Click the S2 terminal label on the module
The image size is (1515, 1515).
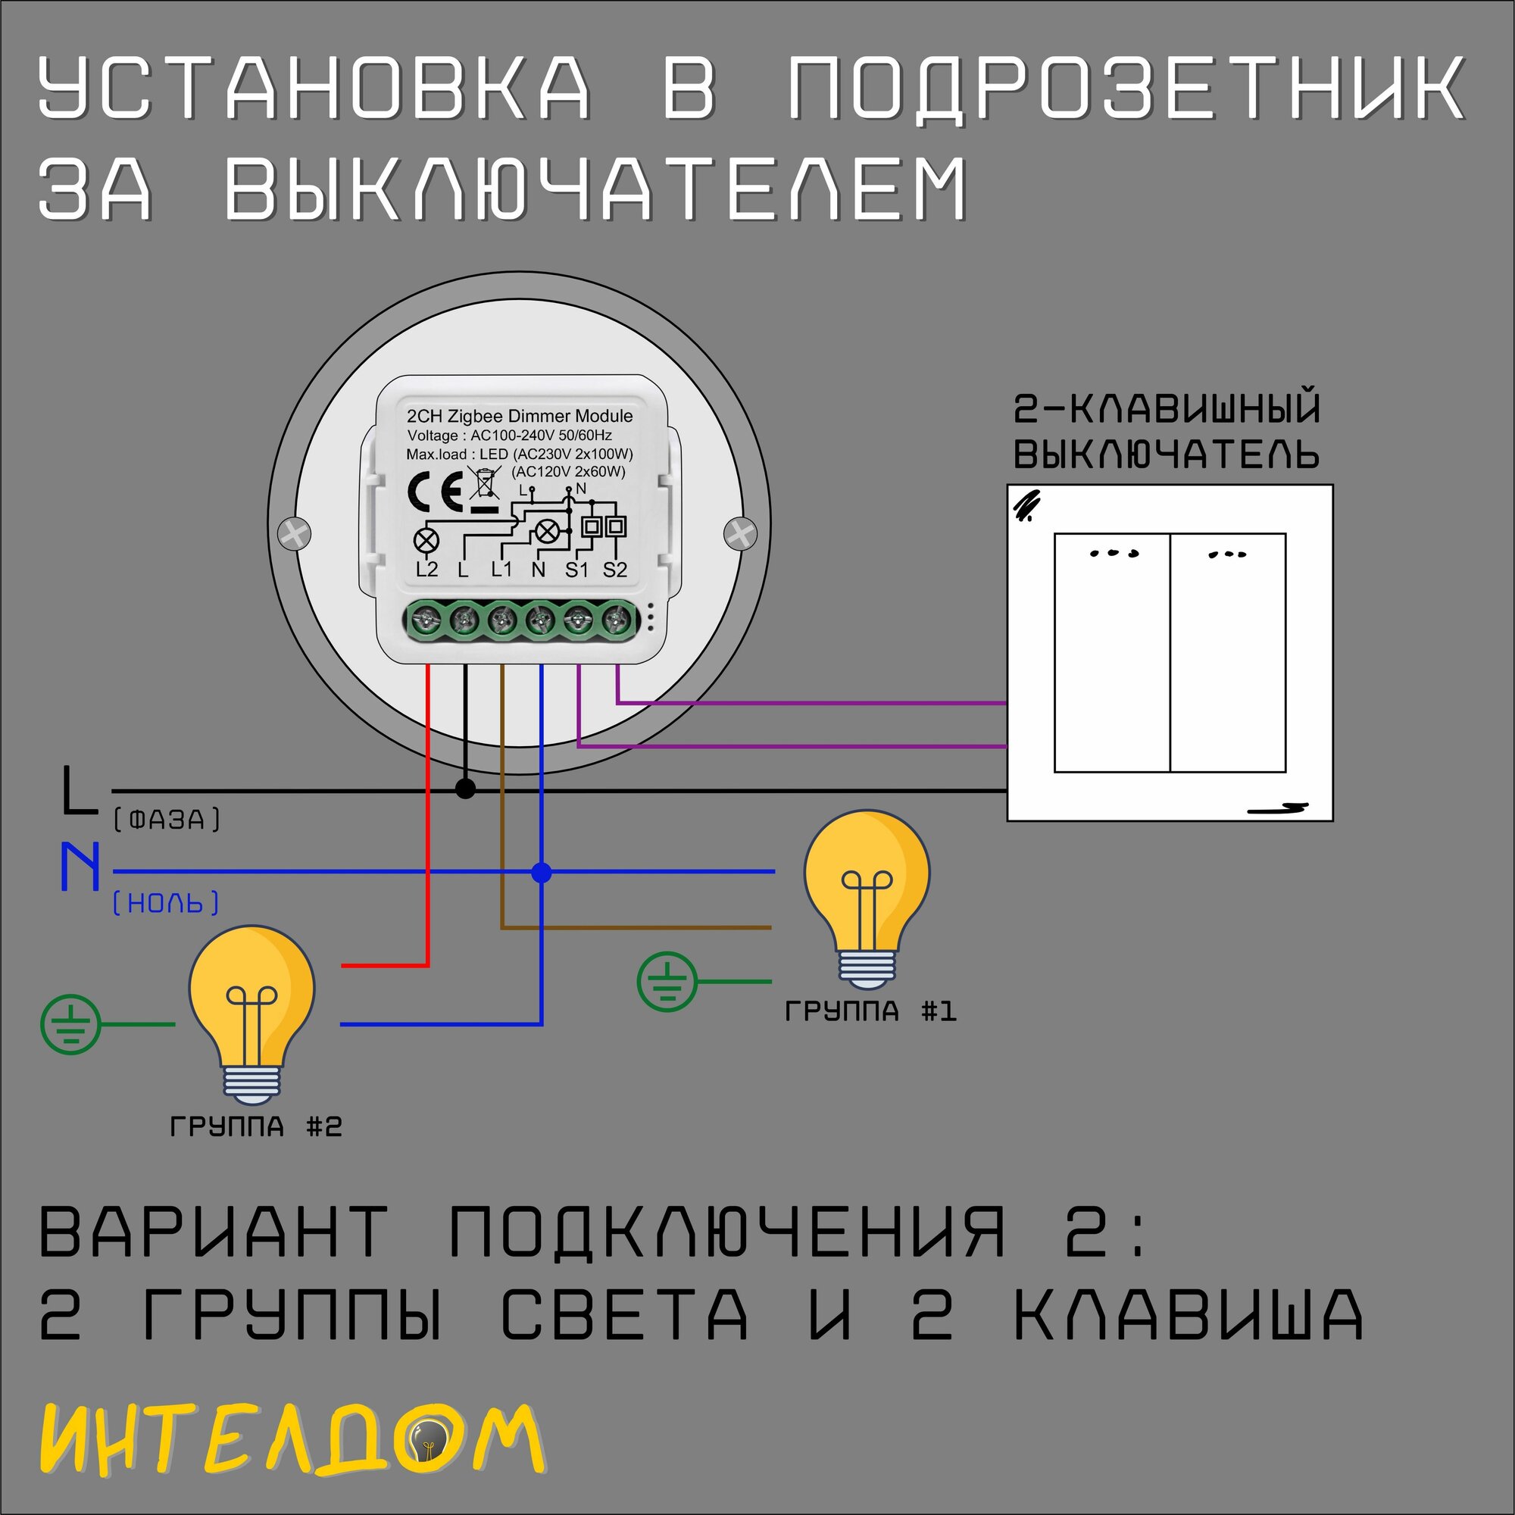pos(615,570)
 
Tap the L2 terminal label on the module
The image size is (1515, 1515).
pos(426,570)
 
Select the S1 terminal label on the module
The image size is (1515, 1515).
pos(576,570)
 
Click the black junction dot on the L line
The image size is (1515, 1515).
pos(465,789)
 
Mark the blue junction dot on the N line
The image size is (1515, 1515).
pos(541,872)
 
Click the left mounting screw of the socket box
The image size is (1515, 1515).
pos(294,534)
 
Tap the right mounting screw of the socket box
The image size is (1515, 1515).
pos(739,534)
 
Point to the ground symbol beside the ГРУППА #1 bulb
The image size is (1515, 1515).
pos(667,982)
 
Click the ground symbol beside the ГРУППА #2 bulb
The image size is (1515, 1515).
pos(70,1024)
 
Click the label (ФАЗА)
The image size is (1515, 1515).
pos(167,820)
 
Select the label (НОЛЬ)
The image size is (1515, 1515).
pos(165,904)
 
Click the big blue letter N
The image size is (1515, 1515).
pos(81,867)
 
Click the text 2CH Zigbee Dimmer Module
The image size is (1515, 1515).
pos(519,416)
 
